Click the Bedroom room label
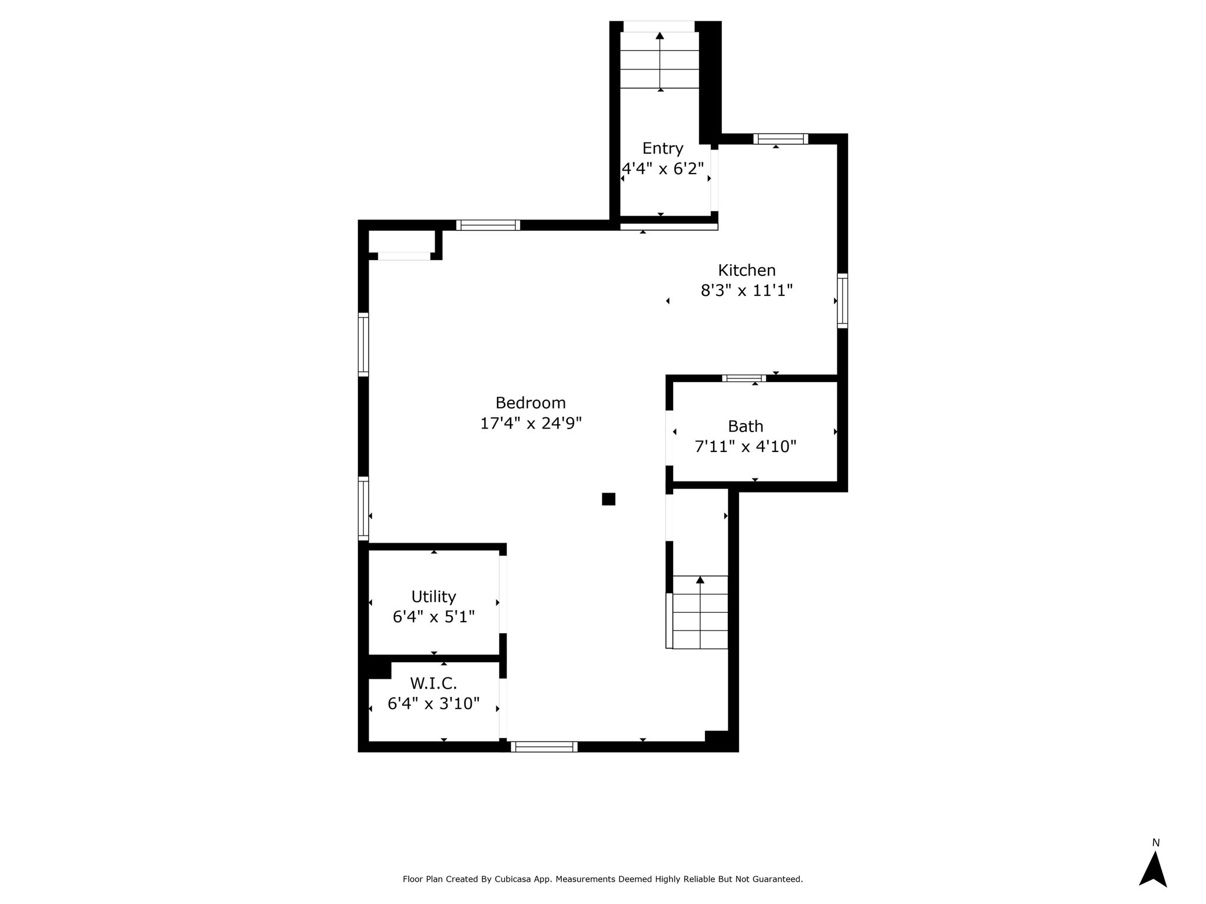point(531,403)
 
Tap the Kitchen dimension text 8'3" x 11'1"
point(747,291)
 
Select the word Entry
point(662,149)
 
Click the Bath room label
point(746,426)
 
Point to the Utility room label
point(433,597)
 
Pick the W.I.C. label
point(433,683)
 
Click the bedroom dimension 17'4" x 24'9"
point(531,424)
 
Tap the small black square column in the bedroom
point(608,499)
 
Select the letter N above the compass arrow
point(1156,843)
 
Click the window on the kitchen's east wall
point(843,301)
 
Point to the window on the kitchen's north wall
point(781,139)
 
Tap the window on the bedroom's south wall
point(544,747)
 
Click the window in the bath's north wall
point(744,378)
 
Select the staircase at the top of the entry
point(660,60)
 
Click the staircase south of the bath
point(700,612)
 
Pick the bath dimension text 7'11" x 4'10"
point(746,447)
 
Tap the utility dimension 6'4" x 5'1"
point(433,617)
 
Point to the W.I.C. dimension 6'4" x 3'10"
point(433,703)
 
